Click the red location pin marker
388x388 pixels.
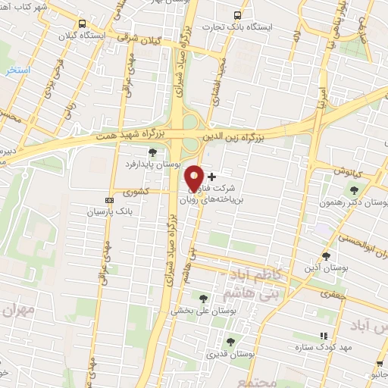[195, 178]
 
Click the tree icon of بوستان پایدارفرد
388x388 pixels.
[152, 152]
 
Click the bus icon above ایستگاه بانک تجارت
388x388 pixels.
[238, 15]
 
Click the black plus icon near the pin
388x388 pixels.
[211, 176]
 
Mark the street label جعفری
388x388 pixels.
[332, 293]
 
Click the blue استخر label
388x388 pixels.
[15, 70]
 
